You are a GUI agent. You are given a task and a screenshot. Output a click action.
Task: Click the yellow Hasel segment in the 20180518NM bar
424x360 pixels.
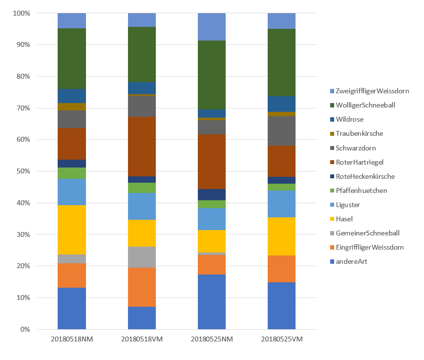pyautogui.click(x=72, y=230)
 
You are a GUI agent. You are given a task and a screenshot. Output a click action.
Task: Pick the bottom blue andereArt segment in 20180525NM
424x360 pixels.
pyautogui.click(x=212, y=302)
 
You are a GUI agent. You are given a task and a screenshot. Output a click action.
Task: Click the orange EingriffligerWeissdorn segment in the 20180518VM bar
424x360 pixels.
pyautogui.click(x=142, y=287)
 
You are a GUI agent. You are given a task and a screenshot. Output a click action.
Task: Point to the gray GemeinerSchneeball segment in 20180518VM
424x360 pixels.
pyautogui.click(x=142, y=257)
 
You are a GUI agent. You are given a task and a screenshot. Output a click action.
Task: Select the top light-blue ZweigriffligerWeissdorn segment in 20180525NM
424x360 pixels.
pyautogui.click(x=212, y=27)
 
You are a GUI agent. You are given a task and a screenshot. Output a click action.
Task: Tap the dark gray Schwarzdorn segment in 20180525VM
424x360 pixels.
pyautogui.click(x=281, y=130)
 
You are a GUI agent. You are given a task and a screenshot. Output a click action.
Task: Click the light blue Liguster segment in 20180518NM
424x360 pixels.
pyautogui.click(x=72, y=192)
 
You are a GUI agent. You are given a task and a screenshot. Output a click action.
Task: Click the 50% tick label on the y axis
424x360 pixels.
pyautogui.click(x=22, y=171)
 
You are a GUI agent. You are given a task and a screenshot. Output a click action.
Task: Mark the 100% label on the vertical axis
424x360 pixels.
pyautogui.click(x=21, y=14)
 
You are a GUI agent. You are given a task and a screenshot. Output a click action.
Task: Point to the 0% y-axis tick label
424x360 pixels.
pyautogui.click(x=24, y=330)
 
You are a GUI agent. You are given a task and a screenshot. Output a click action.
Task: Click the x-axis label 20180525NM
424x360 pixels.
pyautogui.click(x=212, y=339)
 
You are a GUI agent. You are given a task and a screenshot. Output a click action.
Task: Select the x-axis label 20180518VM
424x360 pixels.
pyautogui.click(x=142, y=339)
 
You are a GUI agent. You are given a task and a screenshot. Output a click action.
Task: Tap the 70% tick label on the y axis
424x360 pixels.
pyautogui.click(x=22, y=108)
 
